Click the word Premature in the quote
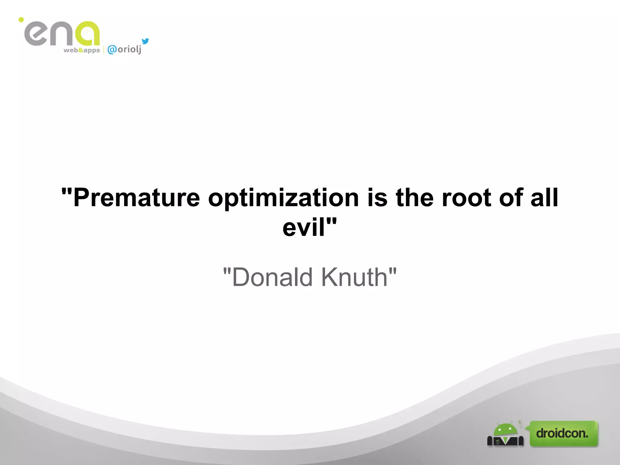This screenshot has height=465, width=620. pos(137,198)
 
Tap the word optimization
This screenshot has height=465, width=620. pos(283,199)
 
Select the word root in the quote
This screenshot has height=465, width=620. pos(466,198)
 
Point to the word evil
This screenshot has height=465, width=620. pos(304,228)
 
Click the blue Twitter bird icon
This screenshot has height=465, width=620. pos(145,41)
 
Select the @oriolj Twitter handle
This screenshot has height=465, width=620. pos(124,49)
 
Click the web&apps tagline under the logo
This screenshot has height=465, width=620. pos(81,50)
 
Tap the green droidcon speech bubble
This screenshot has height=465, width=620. pos(563,433)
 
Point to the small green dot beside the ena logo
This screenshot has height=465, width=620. pos(21,20)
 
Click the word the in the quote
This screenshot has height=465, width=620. pos(414,198)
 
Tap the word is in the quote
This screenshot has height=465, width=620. pos(377,198)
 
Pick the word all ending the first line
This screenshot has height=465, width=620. pos(544,198)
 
